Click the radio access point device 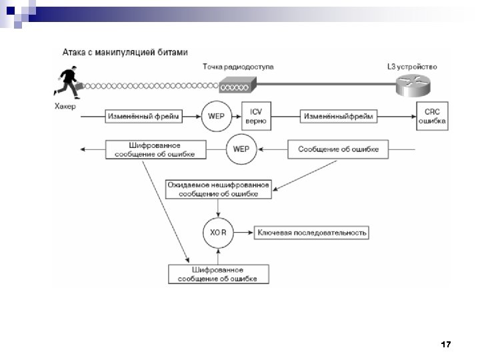pos(236,85)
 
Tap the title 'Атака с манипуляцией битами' pos(125,51)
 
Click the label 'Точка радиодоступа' pos(237,67)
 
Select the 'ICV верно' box pos(255,117)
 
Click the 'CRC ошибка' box pos(431,117)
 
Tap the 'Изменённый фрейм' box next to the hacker pos(143,117)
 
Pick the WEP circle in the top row pos(215,116)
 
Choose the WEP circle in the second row pos(241,149)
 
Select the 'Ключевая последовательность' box pos(312,233)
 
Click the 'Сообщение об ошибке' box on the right pos(338,149)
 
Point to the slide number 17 pos(446,345)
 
